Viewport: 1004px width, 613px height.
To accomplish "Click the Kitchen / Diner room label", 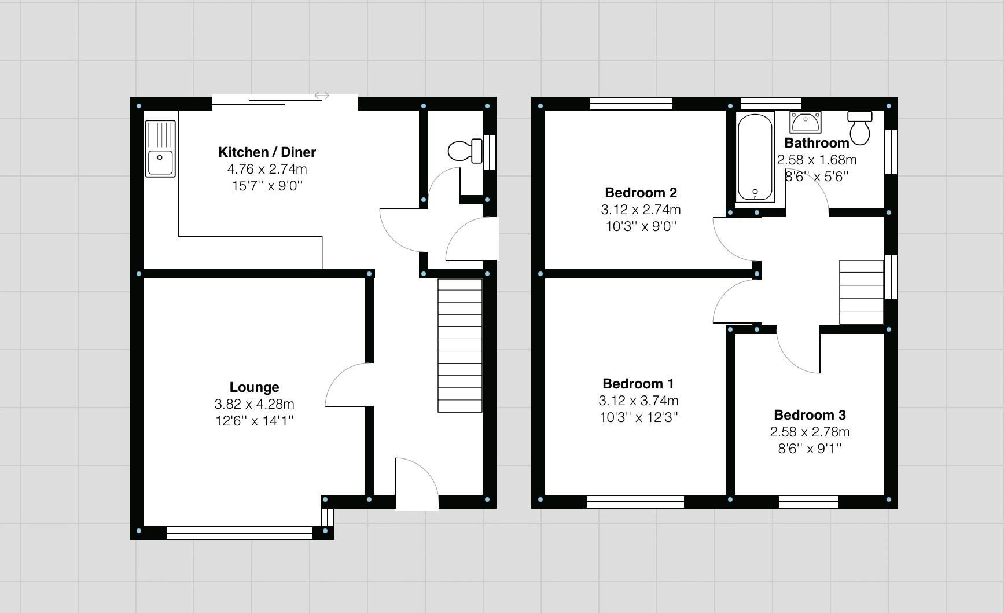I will (267, 152).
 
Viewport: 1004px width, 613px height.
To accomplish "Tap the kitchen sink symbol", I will (160, 148).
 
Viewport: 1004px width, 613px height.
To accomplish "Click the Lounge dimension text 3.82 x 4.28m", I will (254, 404).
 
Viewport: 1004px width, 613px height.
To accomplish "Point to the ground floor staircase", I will (460, 346).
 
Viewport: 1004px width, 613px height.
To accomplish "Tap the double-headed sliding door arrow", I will (322, 96).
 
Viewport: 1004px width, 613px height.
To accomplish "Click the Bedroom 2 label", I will (641, 193).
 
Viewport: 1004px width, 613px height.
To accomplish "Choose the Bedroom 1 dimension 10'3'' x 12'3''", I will (638, 417).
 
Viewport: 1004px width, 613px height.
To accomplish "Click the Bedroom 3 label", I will (810, 415).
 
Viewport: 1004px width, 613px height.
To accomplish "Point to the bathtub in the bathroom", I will (755, 157).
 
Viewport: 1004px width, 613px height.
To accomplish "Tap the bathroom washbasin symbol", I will (805, 122).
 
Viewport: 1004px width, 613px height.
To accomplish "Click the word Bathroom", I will (817, 143).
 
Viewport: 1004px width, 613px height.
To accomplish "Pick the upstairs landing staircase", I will (861, 292).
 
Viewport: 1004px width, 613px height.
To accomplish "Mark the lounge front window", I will (240, 533).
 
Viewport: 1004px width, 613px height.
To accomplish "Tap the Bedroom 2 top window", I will (631, 104).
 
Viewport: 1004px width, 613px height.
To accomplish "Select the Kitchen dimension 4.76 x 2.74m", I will (267, 169).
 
